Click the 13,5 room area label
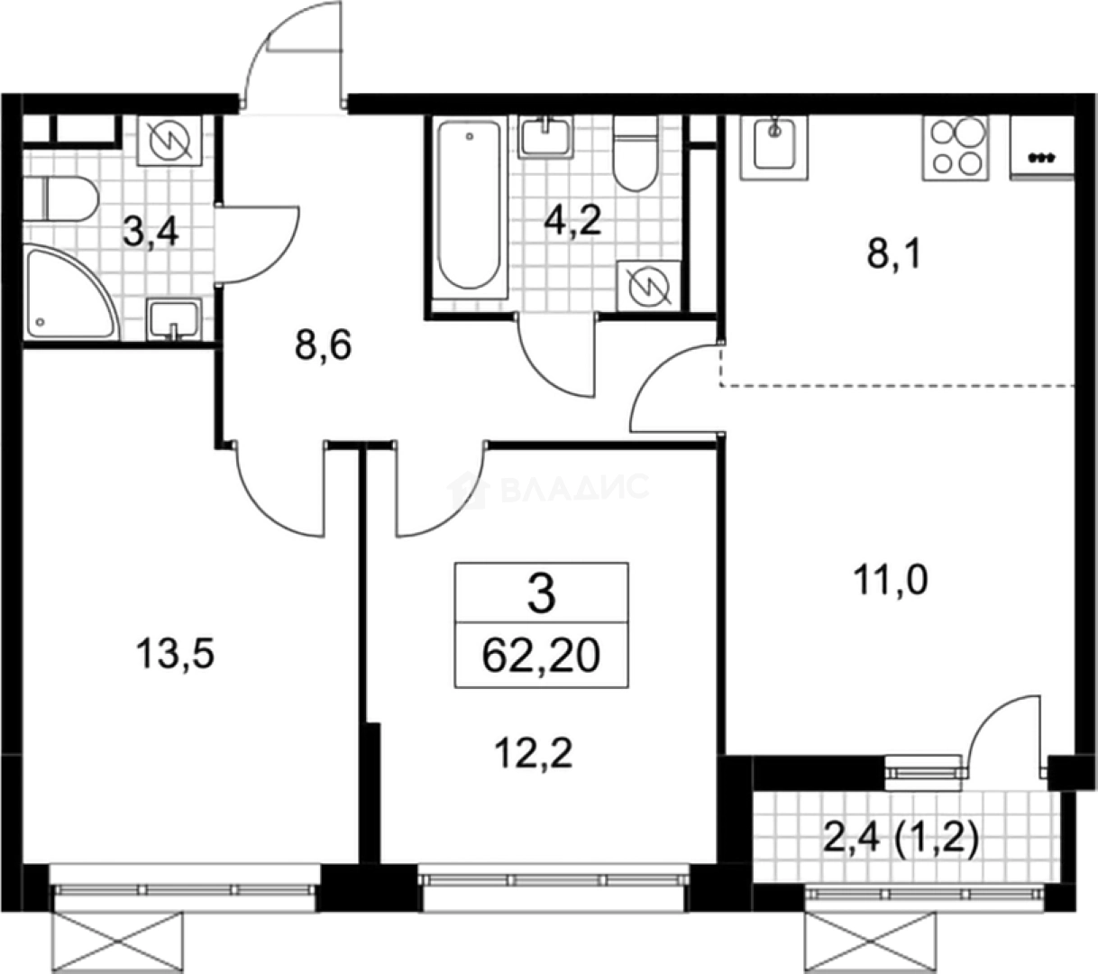click(175, 654)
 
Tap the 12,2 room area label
click(534, 754)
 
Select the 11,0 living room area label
click(891, 580)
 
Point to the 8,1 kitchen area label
click(894, 255)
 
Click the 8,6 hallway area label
click(324, 345)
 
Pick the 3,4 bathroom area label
click(151, 234)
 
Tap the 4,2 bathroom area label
click(572, 221)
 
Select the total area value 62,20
click(541, 655)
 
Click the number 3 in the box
click(542, 593)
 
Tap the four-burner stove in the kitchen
click(956, 148)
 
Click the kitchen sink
click(774, 147)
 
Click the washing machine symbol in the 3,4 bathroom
click(170, 141)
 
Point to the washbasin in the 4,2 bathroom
click(545, 137)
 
